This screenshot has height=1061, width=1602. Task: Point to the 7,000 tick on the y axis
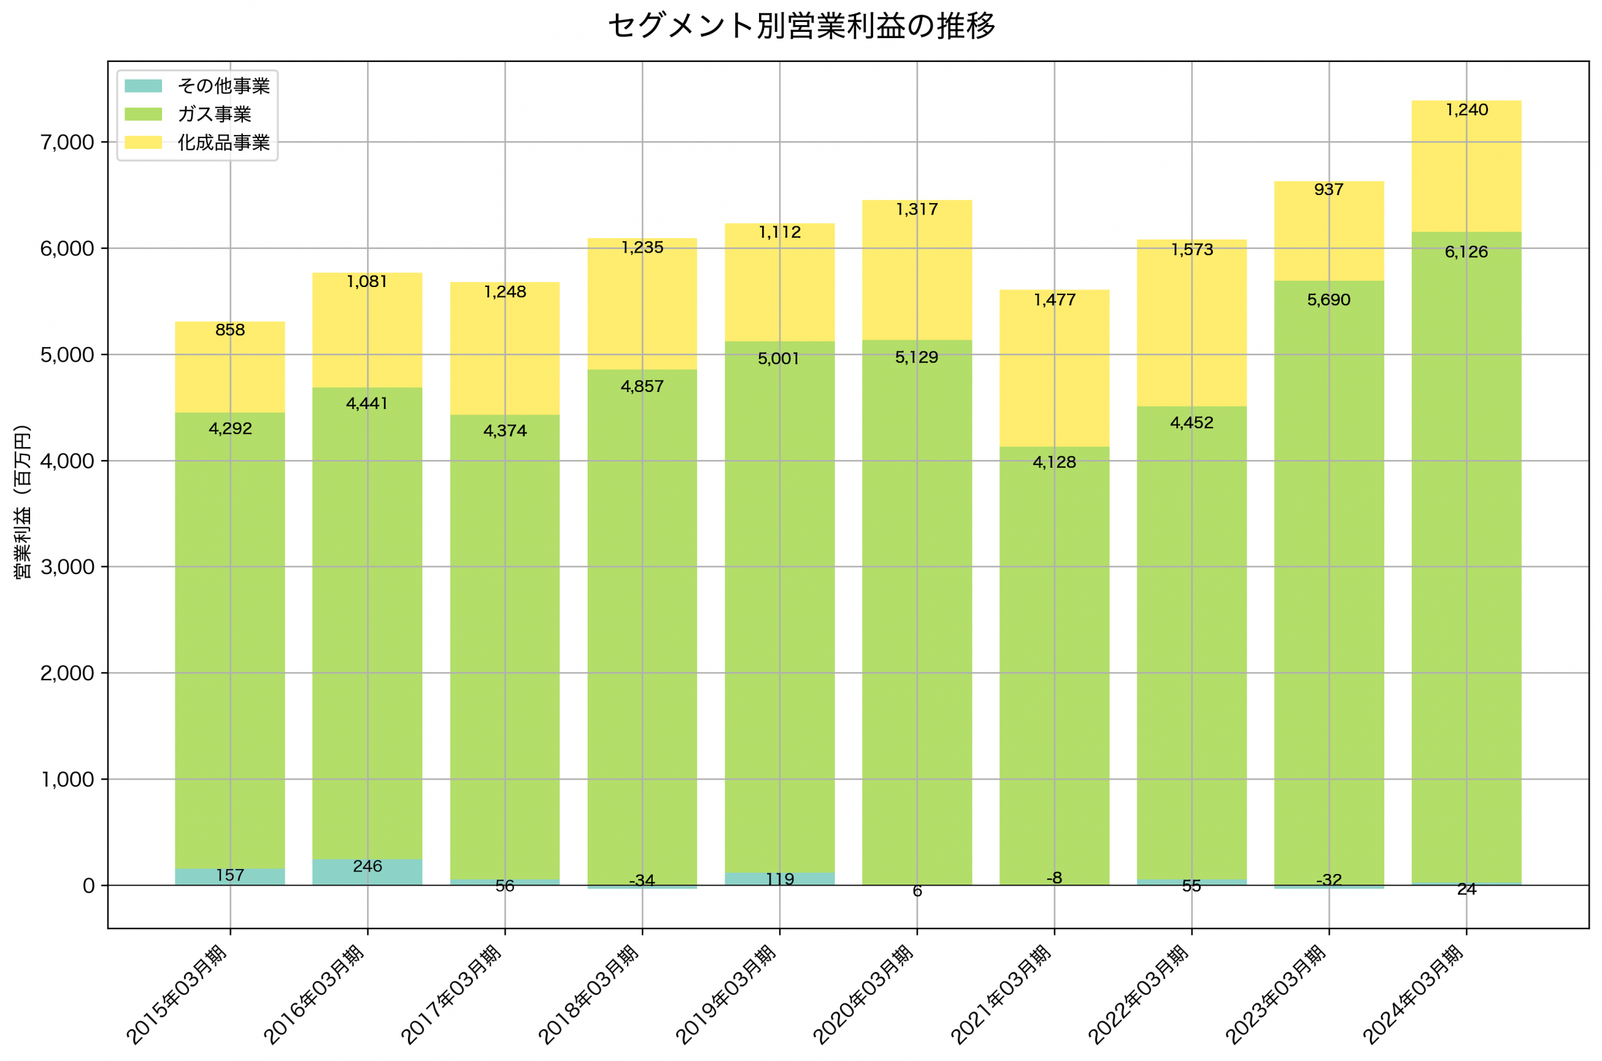(x=67, y=143)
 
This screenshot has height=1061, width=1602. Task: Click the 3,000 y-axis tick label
(x=67, y=567)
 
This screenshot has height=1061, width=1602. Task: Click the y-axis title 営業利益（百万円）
(x=23, y=501)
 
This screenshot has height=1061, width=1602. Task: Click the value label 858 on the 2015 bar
(x=230, y=330)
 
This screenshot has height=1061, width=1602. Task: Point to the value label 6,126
(x=1466, y=253)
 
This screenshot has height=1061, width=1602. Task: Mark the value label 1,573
(x=1191, y=249)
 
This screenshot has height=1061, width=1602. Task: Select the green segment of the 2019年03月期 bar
(x=779, y=609)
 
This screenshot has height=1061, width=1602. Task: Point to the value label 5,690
(x=1329, y=299)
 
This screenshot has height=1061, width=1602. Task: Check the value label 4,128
(x=1054, y=462)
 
